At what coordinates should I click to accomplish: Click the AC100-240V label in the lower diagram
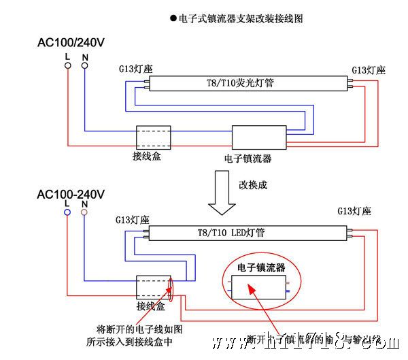click(71, 194)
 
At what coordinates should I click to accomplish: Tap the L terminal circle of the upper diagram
click(67, 65)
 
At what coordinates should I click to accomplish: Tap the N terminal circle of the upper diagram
click(85, 65)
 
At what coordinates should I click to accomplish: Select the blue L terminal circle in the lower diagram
click(67, 214)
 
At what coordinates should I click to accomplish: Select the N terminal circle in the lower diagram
click(84, 214)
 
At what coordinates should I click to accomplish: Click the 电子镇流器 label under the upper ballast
click(248, 159)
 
